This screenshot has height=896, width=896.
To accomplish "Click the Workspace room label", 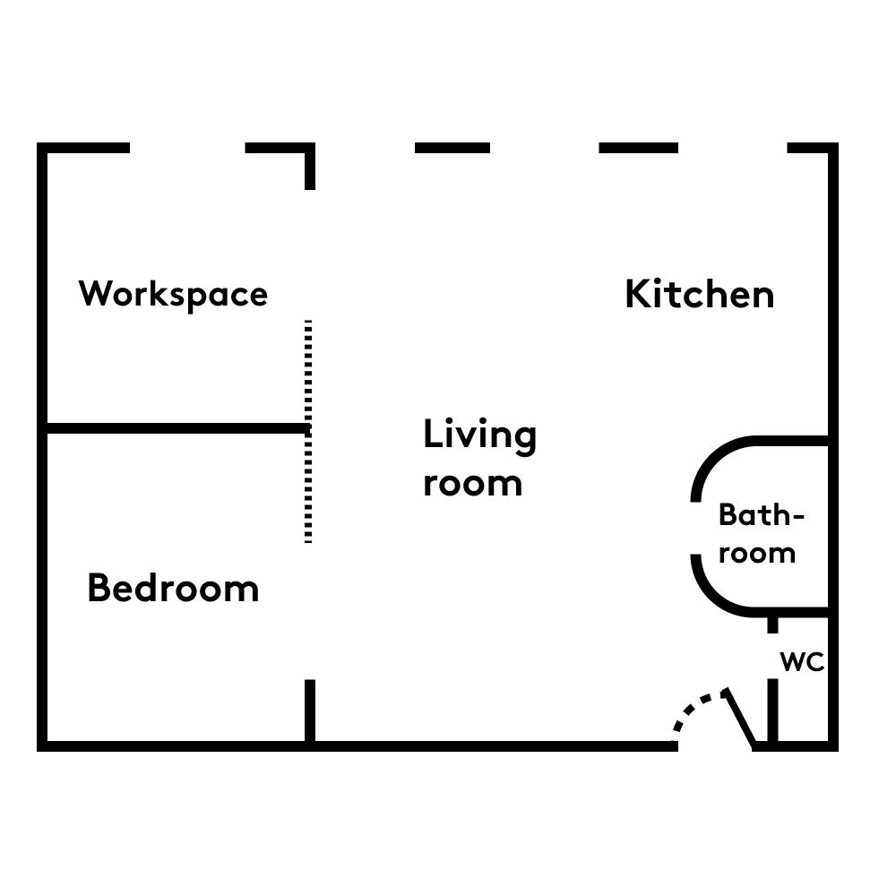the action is pyautogui.click(x=173, y=295).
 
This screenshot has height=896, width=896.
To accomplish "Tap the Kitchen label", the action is pyautogui.click(x=700, y=294).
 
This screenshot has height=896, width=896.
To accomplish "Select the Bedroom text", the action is pyautogui.click(x=173, y=588).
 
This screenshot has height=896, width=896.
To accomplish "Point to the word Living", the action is pyautogui.click(x=480, y=436).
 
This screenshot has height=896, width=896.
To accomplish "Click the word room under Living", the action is pyautogui.click(x=472, y=484).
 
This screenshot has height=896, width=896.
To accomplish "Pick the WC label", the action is pyautogui.click(x=802, y=662).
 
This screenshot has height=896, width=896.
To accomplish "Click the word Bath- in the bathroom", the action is pyautogui.click(x=762, y=515).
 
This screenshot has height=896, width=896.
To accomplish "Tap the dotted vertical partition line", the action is pyautogui.click(x=308, y=432).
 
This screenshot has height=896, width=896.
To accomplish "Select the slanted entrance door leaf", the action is pyautogui.click(x=739, y=719).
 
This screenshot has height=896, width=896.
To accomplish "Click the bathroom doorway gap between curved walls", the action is pyautogui.click(x=696, y=528).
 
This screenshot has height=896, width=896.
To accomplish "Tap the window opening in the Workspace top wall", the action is pyautogui.click(x=187, y=148).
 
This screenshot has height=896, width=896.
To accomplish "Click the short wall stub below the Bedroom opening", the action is pyautogui.click(x=310, y=711).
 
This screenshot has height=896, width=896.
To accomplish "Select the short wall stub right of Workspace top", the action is pyautogui.click(x=310, y=167).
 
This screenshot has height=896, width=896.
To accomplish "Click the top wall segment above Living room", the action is pyautogui.click(x=452, y=148).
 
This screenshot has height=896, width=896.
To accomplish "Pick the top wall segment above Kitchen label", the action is pyautogui.click(x=638, y=148).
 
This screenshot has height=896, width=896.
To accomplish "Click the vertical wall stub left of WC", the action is pyautogui.click(x=772, y=711).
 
